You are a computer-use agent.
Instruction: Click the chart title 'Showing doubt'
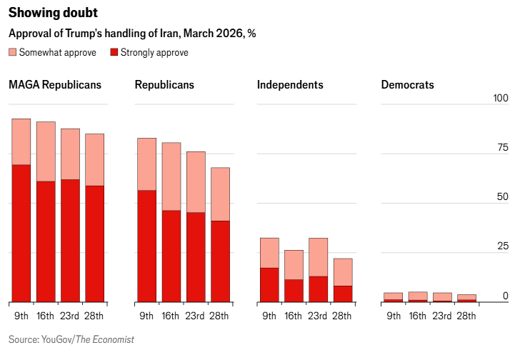pyautogui.click(x=54, y=14)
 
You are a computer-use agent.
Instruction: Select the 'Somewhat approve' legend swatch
pyautogui.click(x=13, y=52)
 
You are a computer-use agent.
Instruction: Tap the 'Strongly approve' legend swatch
pyautogui.click(x=114, y=52)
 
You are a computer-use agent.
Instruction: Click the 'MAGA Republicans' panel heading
pyautogui.click(x=55, y=85)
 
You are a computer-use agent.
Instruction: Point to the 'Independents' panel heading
pyautogui.click(x=290, y=85)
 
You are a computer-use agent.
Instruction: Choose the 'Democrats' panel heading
pyautogui.click(x=407, y=85)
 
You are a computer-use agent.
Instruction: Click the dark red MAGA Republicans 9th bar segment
pyautogui.click(x=21, y=233)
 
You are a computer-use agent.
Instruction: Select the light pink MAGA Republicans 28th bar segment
pyautogui.click(x=94, y=159)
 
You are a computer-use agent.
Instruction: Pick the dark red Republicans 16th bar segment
pyautogui.click(x=171, y=256)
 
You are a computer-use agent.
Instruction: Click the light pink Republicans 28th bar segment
pyautogui.click(x=220, y=194)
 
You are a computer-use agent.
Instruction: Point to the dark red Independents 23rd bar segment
pyautogui.click(x=319, y=289)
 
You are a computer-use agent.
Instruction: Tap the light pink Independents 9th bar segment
pyautogui.click(x=269, y=252)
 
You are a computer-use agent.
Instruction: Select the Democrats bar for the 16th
pyautogui.click(x=418, y=296)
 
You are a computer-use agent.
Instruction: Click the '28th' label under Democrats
pyautogui.click(x=466, y=316)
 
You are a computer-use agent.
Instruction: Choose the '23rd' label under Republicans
pyautogui.click(x=195, y=316)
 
